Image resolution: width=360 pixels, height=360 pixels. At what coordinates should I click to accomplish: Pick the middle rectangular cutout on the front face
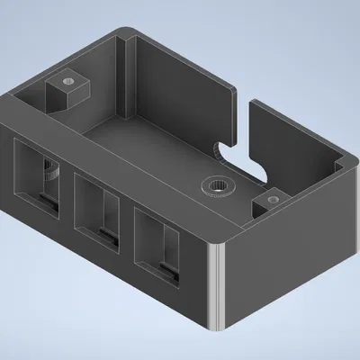click(99, 210)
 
